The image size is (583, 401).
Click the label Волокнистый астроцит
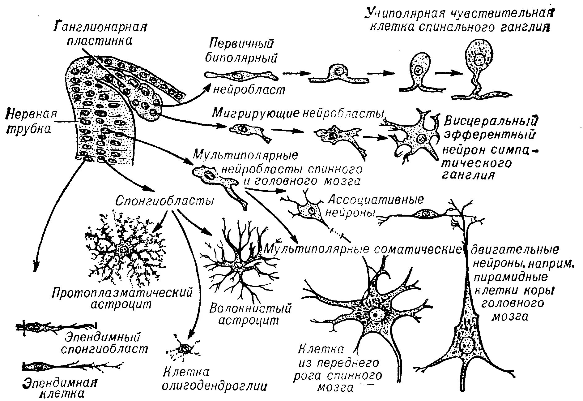pos(250,314)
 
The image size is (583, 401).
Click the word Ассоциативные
pos(375,200)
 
